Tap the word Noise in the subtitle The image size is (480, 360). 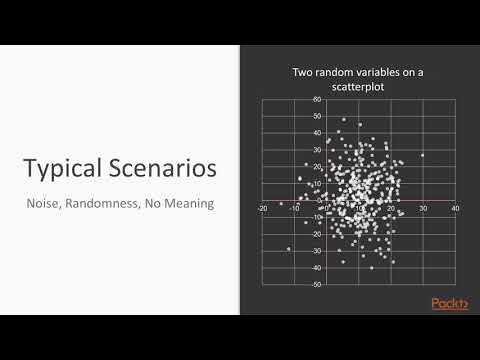click(x=45, y=205)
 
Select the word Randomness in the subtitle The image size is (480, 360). click(x=113, y=205)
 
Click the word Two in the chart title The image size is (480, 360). click(x=303, y=72)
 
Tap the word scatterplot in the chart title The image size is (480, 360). click(x=360, y=86)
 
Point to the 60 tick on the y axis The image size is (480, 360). click(x=317, y=100)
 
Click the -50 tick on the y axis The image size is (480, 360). click(x=316, y=285)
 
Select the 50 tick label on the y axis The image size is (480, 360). click(x=317, y=117)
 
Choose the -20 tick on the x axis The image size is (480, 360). click(x=262, y=209)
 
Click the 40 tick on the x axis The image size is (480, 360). click(x=455, y=209)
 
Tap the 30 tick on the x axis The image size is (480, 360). click(x=423, y=209)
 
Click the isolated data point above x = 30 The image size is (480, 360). click(x=423, y=155)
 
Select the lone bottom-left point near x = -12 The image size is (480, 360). click(x=288, y=248)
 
